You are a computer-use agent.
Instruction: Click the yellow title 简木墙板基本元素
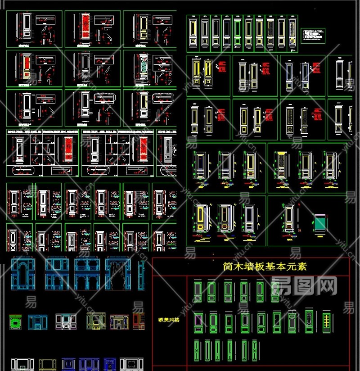(x=265, y=267)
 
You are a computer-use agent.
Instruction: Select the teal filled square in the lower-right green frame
(x=320, y=222)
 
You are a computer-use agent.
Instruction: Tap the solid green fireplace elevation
(x=16, y=322)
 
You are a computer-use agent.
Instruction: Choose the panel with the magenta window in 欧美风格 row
(x=198, y=321)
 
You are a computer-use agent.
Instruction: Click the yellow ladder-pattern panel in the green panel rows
(x=327, y=321)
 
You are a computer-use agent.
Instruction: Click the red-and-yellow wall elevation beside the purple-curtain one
(x=138, y=321)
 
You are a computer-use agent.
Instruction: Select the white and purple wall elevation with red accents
(x=66, y=321)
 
